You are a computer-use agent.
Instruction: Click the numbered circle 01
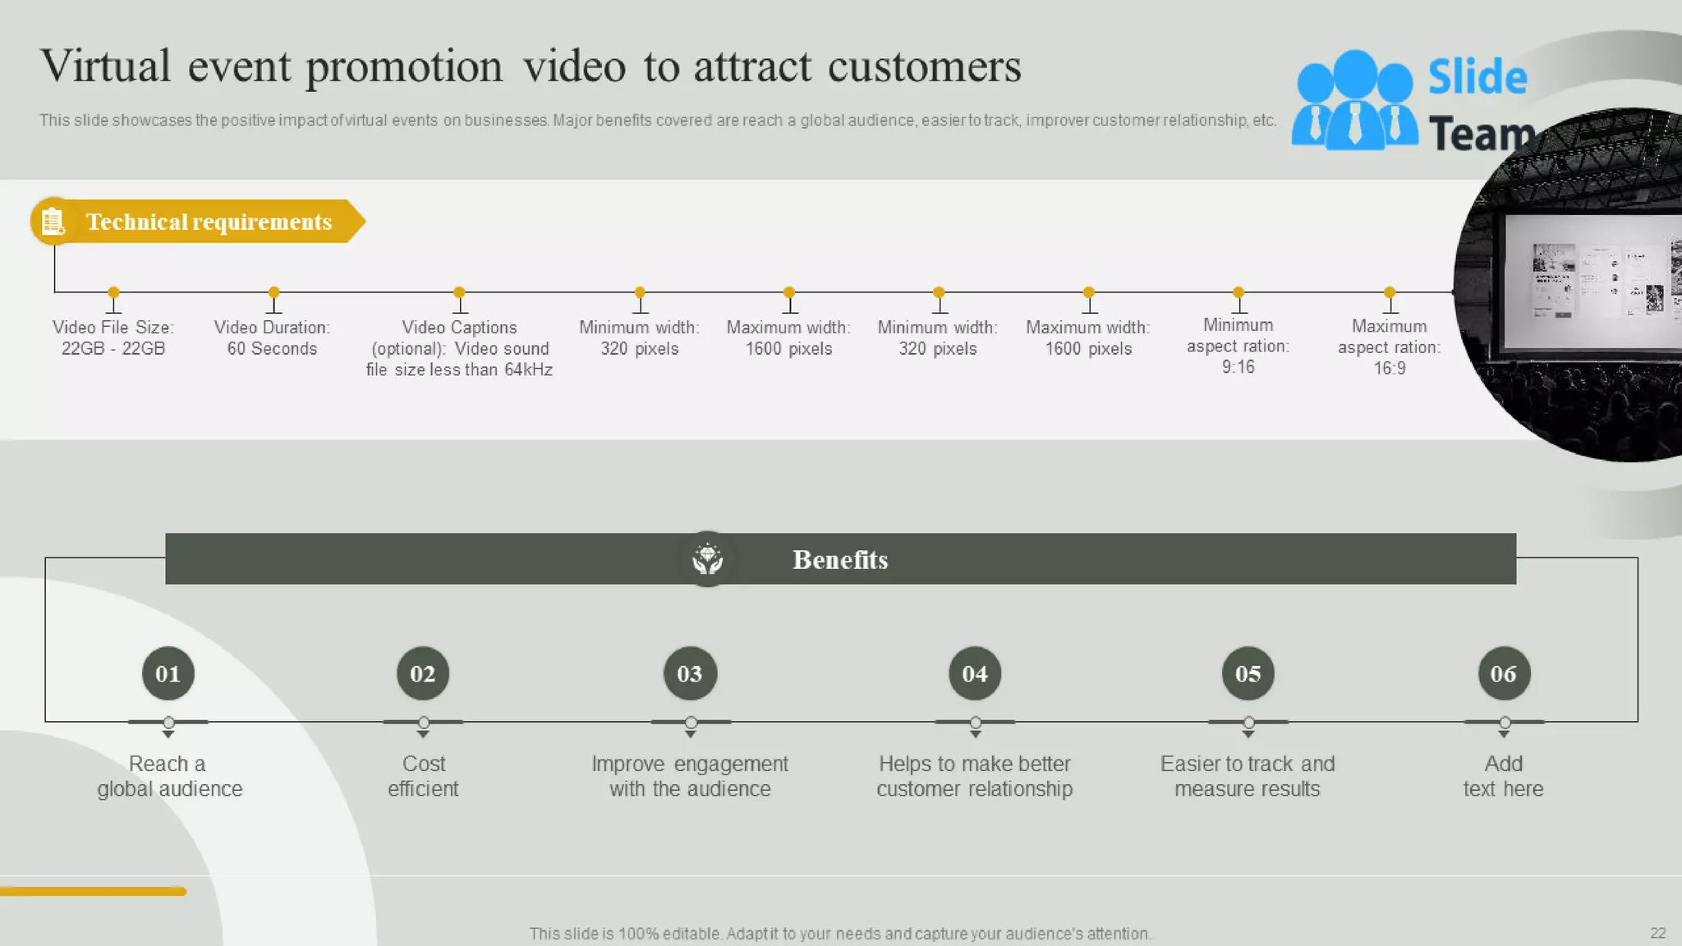[x=168, y=673]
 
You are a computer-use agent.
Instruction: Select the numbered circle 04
[x=975, y=673]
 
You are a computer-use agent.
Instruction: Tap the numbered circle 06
[x=1504, y=673]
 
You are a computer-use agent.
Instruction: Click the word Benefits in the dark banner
[x=840, y=560]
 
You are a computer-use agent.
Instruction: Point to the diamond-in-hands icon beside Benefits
[x=707, y=559]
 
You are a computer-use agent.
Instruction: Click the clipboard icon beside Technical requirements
[x=53, y=221]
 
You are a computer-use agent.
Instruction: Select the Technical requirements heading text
[x=209, y=222]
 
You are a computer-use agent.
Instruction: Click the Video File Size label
[x=113, y=338]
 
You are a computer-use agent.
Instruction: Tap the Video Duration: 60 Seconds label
[x=272, y=338]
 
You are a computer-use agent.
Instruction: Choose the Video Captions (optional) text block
[x=459, y=348]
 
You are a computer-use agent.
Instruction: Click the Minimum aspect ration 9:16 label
[x=1238, y=346]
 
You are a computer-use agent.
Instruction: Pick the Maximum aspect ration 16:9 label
[x=1389, y=347]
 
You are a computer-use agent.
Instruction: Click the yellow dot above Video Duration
[x=274, y=292]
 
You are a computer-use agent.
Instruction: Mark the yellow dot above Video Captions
[x=459, y=292]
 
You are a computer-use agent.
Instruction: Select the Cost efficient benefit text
[x=423, y=776]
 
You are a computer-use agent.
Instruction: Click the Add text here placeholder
[x=1503, y=776]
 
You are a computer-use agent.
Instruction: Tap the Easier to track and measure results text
[x=1247, y=776]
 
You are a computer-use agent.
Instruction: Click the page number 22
[x=1657, y=933]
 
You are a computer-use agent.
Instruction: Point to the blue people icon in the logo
[x=1354, y=101]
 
